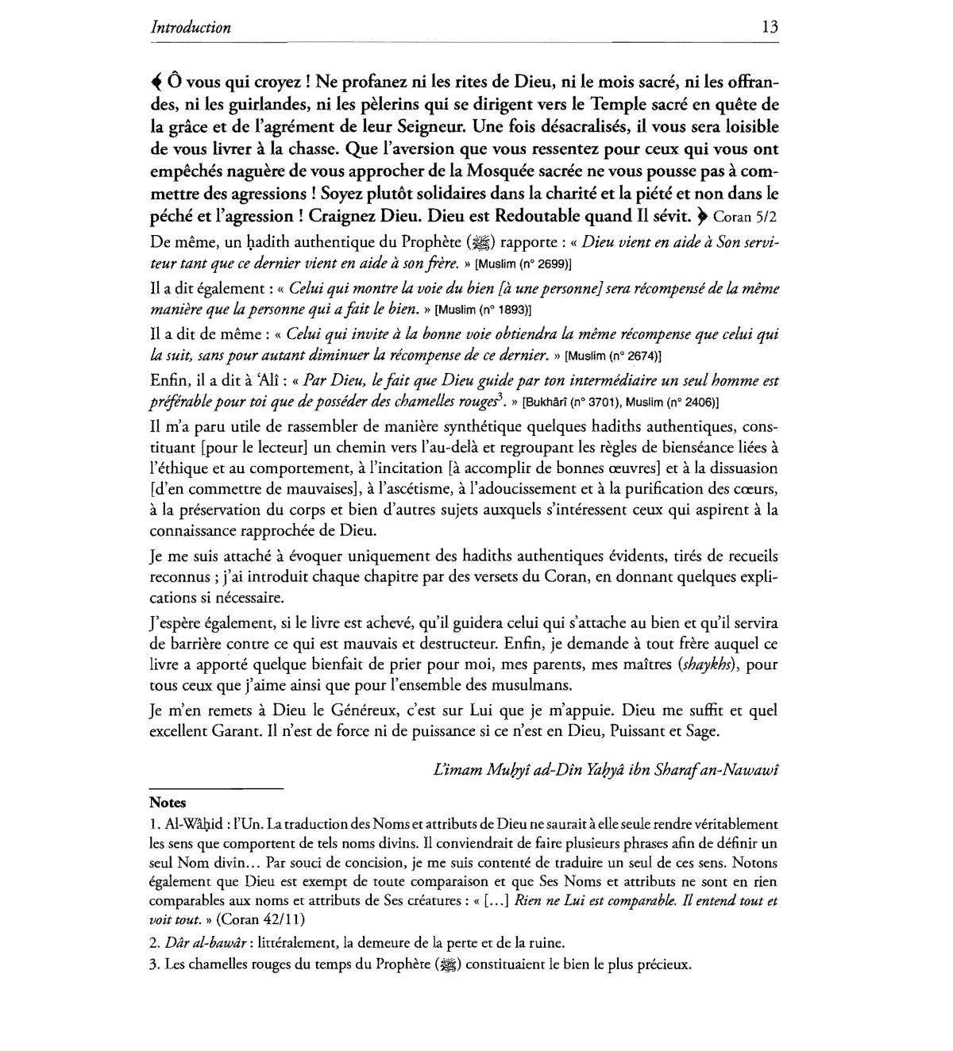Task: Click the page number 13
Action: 770,27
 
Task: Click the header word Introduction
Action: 191,28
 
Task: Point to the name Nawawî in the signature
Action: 745,769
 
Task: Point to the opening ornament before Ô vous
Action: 155,82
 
